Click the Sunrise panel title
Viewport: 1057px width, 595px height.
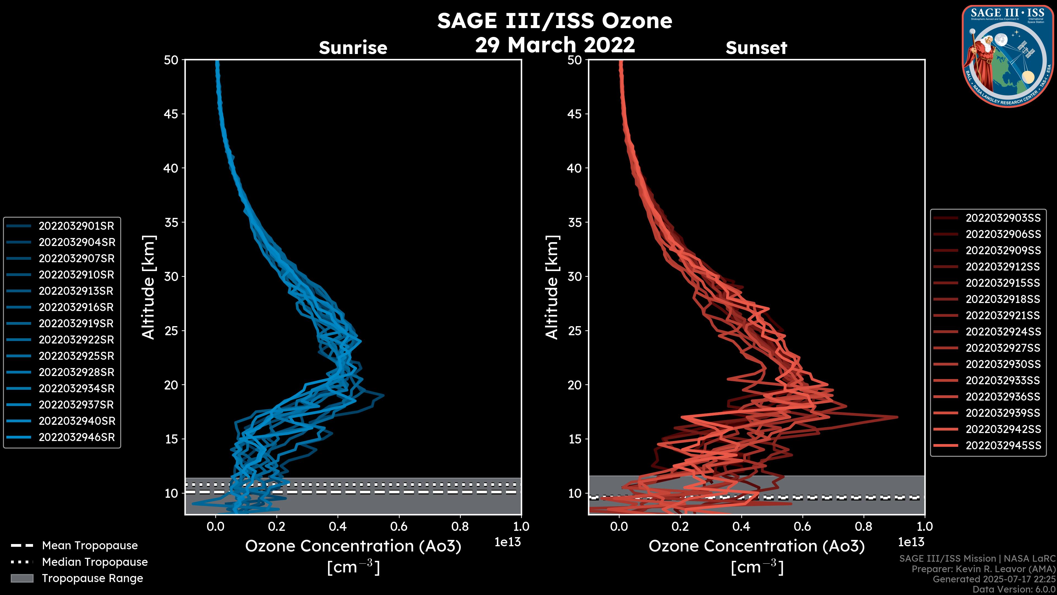pos(353,48)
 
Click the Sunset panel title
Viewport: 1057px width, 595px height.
pos(756,48)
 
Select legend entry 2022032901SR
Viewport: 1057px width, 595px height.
pos(76,226)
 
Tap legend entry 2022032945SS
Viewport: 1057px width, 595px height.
pos(1003,445)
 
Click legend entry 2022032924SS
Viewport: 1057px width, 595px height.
pos(1003,331)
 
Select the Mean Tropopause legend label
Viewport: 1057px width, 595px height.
pos(90,545)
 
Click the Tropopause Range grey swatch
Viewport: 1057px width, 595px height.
pos(22,578)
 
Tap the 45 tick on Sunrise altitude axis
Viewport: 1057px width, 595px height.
pos(171,114)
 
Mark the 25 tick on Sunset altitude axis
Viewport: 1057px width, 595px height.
pos(574,331)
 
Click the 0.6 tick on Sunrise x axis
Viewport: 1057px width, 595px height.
pos(399,526)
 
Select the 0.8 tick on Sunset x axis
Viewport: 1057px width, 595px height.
pos(863,526)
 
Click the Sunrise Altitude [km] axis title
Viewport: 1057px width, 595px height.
pos(149,287)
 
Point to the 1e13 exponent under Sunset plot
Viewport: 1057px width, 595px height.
pos(911,542)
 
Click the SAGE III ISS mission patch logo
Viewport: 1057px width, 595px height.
pos(1008,56)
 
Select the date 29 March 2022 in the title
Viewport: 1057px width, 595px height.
pos(555,44)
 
